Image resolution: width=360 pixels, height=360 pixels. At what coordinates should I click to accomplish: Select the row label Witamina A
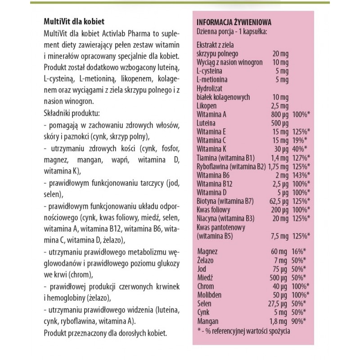click(x=211, y=114)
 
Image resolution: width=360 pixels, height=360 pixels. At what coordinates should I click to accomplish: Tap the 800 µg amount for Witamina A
click(x=281, y=114)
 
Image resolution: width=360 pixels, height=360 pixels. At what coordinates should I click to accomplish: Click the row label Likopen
click(x=207, y=106)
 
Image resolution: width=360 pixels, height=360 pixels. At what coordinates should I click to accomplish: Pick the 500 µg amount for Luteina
click(x=281, y=123)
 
